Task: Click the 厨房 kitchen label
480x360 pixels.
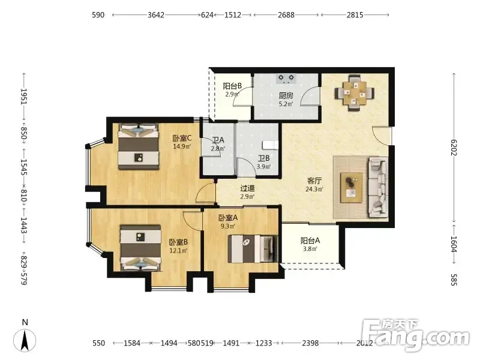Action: pyautogui.click(x=286, y=95)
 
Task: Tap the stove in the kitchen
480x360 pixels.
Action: pyautogui.click(x=286, y=79)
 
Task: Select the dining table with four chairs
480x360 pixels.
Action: pyautogui.click(x=355, y=93)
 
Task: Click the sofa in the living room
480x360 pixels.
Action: pyautogui.click(x=379, y=187)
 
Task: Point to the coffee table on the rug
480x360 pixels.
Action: pyautogui.click(x=352, y=187)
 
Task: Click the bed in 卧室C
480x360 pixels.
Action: pyautogui.click(x=139, y=146)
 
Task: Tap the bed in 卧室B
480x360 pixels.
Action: pyautogui.click(x=140, y=248)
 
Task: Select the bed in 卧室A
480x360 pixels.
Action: pyautogui.click(x=253, y=249)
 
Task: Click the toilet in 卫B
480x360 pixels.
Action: pyautogui.click(x=271, y=145)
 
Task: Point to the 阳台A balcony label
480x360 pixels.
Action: pyautogui.click(x=310, y=241)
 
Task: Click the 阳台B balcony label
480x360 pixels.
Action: pyautogui.click(x=232, y=86)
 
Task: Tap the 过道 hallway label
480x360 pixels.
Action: pyautogui.click(x=247, y=188)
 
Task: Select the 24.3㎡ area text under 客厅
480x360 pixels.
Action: pyautogui.click(x=314, y=189)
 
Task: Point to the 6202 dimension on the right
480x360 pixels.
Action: pyautogui.click(x=454, y=148)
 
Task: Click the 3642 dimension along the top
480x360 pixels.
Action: pyautogui.click(x=156, y=14)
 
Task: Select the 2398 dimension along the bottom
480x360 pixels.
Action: pyautogui.click(x=310, y=343)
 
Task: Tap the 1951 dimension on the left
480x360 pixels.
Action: pyautogui.click(x=24, y=97)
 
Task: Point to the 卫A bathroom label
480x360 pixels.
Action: pyautogui.click(x=218, y=140)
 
